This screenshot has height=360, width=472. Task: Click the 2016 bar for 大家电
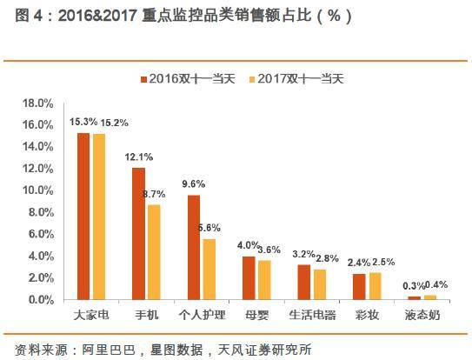pos(83,217)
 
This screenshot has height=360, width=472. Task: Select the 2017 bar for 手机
pos(153,252)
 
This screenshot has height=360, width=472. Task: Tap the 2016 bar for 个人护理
pos(194,248)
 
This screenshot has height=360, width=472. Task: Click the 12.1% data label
pos(139,157)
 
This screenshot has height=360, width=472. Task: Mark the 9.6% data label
pos(194,184)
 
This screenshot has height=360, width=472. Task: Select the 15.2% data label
pos(116,123)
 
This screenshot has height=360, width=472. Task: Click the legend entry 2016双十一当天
pos(190,79)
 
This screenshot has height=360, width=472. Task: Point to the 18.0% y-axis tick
pos(39,103)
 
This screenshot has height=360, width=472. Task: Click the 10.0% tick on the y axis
pos(39,190)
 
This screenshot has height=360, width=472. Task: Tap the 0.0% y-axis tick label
pos(42,300)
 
